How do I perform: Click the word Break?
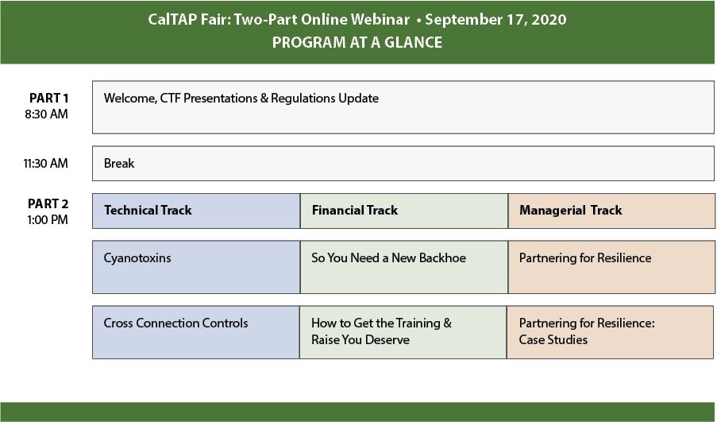119,164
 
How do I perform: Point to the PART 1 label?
49,98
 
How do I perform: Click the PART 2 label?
48,203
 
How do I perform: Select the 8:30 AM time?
47,114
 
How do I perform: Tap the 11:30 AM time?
46,164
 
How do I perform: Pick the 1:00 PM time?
48,219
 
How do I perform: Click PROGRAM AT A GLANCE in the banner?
357,43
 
